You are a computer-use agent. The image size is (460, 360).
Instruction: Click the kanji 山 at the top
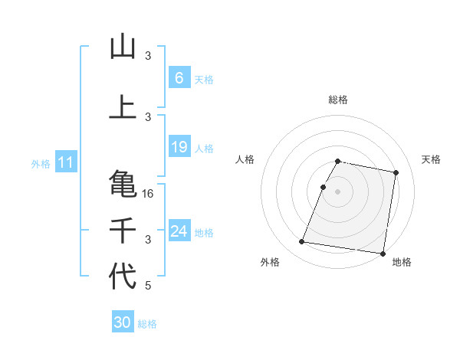[x=123, y=47]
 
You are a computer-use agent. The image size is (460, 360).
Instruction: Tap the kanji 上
[x=123, y=108]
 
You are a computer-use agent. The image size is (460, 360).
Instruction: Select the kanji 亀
[x=123, y=183]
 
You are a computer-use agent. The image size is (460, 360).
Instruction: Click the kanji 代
[x=123, y=277]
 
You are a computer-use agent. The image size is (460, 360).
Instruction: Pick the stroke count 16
[x=149, y=194]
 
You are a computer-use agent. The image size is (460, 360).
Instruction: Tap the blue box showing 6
[x=179, y=78]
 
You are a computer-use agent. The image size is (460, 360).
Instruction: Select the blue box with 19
[x=179, y=147]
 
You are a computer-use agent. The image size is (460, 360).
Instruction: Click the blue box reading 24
[x=179, y=231]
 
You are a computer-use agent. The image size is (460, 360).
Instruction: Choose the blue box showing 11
[x=65, y=163]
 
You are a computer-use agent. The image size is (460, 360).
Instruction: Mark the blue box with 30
[x=122, y=323]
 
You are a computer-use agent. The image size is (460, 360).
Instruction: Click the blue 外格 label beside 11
[x=40, y=164]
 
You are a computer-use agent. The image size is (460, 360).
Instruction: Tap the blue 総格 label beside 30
[x=147, y=324]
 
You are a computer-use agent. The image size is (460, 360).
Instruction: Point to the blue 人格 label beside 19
[x=204, y=148]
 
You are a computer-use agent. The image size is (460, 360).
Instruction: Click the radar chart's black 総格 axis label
[x=338, y=100]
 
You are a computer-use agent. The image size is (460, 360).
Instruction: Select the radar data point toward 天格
[x=396, y=173]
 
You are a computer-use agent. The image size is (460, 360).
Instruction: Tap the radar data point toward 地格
[x=383, y=253]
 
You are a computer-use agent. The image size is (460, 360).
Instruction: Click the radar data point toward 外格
[x=302, y=242]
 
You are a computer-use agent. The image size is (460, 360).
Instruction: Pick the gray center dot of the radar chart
[x=338, y=191]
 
